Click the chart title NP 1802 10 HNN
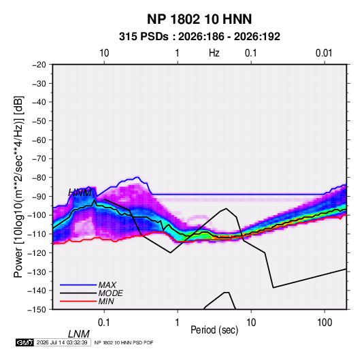coord(199,19)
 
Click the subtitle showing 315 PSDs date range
coord(199,37)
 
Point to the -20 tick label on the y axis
coord(39,65)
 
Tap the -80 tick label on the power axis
coord(39,178)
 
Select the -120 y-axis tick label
coord(37,253)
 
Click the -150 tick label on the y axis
coord(37,310)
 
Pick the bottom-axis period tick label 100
coord(325,323)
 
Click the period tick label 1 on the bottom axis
coord(178,323)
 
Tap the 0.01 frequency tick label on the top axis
coord(324,53)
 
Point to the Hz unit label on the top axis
coord(214,53)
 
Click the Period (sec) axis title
coord(214,330)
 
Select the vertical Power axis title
coord(18,187)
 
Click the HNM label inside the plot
coord(80,193)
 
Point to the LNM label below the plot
coord(79,334)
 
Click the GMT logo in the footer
coord(25,342)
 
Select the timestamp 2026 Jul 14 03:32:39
coord(62,342)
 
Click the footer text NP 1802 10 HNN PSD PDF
coord(124,342)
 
